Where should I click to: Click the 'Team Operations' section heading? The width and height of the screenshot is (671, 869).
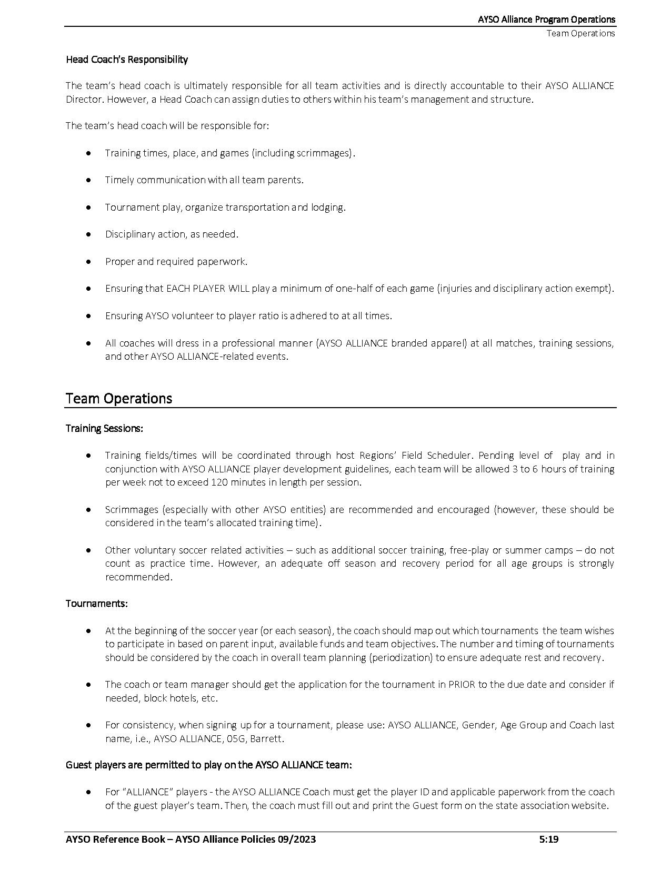[x=119, y=398]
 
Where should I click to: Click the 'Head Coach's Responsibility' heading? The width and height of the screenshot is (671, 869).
[x=127, y=60]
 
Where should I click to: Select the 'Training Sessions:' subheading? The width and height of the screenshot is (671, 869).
[x=104, y=428]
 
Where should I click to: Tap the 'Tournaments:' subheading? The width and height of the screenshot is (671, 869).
[x=97, y=604]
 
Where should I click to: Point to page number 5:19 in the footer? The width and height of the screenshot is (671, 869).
[x=548, y=840]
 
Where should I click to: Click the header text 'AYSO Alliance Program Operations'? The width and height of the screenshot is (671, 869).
[x=546, y=19]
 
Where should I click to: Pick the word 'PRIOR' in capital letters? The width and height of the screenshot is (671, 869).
[x=462, y=685]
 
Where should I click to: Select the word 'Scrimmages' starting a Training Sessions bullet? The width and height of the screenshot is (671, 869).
[x=132, y=510]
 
